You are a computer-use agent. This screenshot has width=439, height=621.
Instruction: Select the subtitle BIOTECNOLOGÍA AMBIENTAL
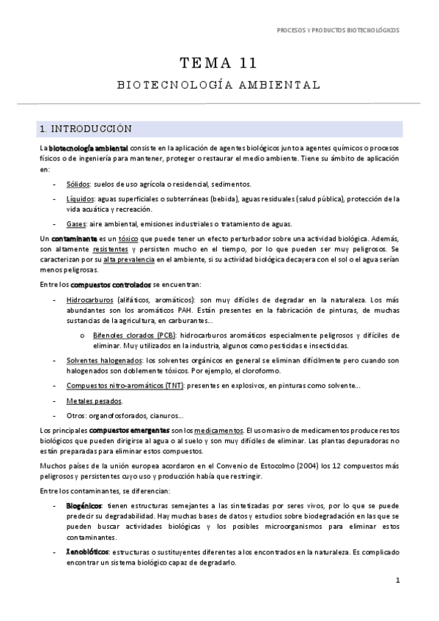(x=218, y=85)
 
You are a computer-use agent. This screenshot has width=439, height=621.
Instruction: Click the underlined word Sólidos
(x=78, y=184)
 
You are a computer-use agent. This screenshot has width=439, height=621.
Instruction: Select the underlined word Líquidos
(x=80, y=198)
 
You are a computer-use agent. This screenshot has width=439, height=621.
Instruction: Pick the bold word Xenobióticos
(x=87, y=551)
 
